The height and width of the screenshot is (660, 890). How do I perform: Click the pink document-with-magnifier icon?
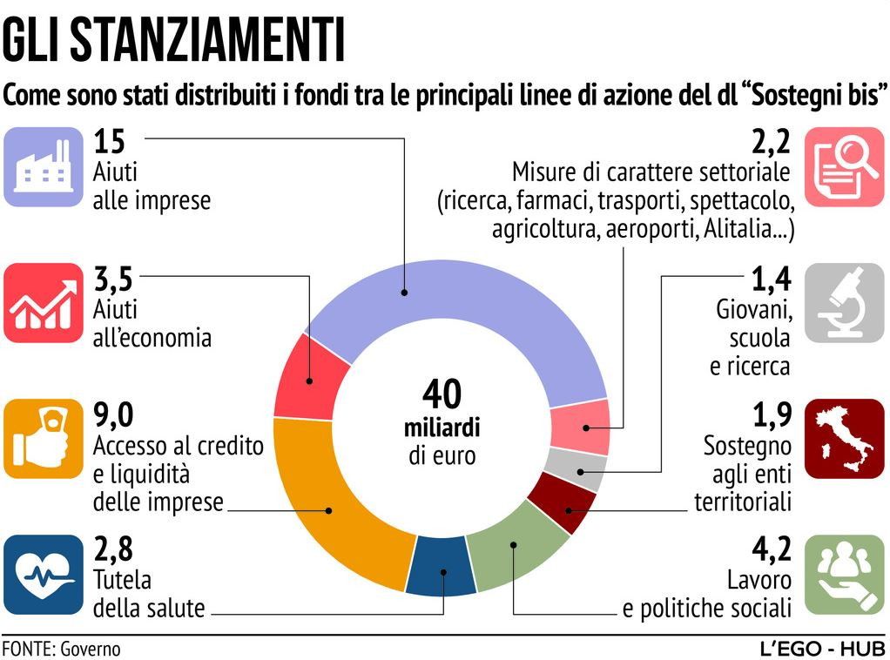coord(843,166)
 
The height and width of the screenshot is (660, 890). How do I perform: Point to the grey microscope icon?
coord(843,302)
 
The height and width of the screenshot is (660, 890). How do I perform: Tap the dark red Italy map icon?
coord(843,438)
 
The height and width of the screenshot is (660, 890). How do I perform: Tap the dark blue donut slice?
coord(442,566)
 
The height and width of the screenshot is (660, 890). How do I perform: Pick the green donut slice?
coord(519,544)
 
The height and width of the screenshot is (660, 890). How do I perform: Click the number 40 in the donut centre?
coord(442,394)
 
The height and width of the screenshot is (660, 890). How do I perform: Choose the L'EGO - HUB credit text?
coord(822,649)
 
